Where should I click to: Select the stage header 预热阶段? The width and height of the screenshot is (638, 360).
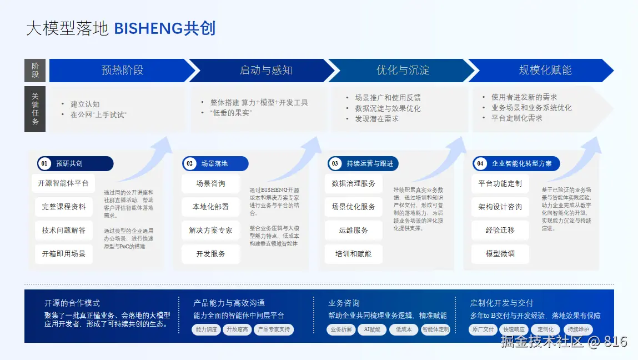(x=122, y=71)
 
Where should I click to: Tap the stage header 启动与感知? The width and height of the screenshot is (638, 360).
(x=265, y=71)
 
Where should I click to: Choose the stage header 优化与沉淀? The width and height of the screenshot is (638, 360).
(x=403, y=71)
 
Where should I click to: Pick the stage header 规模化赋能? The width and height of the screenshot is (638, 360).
(x=545, y=71)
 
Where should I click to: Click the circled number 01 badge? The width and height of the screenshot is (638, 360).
(x=45, y=164)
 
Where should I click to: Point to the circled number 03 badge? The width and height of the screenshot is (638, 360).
(x=335, y=164)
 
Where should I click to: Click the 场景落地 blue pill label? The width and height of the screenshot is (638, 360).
(x=215, y=164)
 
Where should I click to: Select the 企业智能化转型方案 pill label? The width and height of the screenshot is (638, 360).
(x=521, y=164)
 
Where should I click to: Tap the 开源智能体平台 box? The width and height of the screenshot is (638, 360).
(x=63, y=183)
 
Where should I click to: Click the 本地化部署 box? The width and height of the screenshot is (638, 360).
(x=210, y=207)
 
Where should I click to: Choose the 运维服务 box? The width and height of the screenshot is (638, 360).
(x=354, y=230)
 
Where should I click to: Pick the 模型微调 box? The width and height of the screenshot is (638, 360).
(x=500, y=253)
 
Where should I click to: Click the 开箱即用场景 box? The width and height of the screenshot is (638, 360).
(x=64, y=254)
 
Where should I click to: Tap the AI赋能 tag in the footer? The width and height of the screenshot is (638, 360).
(x=372, y=329)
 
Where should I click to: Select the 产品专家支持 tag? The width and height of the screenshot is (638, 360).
(x=273, y=329)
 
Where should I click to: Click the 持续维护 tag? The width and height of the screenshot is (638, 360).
(x=578, y=329)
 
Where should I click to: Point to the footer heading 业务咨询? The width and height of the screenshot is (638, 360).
(x=344, y=303)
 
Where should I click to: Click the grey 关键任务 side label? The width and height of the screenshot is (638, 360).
(x=35, y=109)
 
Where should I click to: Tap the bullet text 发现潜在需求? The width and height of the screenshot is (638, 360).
(x=377, y=118)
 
